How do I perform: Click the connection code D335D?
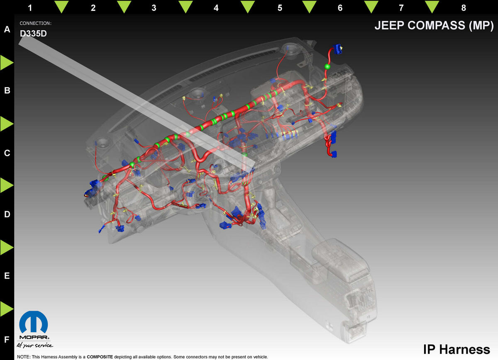(33, 34)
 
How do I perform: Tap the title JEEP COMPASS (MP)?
(434, 26)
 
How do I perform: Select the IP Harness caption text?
(456, 349)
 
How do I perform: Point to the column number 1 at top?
(30, 8)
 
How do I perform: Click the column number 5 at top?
(280, 8)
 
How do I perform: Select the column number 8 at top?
(464, 8)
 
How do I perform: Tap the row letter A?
(7, 29)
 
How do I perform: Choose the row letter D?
(7, 214)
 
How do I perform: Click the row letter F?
(7, 340)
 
